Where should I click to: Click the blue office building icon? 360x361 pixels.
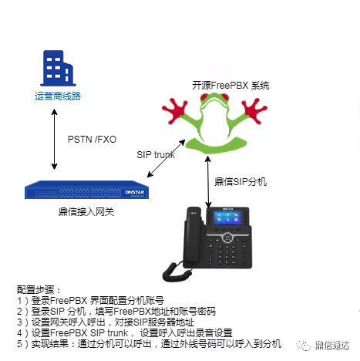point(58,68)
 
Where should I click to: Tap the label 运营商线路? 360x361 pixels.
point(58,96)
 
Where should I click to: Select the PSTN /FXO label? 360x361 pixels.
point(92,140)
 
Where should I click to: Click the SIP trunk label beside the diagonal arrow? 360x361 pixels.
point(156,155)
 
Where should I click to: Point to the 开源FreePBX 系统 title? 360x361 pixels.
point(230,86)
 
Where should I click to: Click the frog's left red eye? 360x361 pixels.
point(205,97)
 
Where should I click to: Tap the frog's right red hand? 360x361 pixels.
point(254,110)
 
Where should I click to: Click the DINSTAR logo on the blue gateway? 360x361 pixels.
point(135,192)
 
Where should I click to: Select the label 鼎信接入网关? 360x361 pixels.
point(86,212)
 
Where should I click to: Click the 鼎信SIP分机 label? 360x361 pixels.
point(241,182)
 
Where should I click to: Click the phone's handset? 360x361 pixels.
point(193,237)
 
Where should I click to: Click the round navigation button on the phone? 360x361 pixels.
point(227,238)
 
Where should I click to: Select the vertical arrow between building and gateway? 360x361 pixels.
point(54,139)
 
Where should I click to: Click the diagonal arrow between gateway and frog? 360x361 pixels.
point(166,158)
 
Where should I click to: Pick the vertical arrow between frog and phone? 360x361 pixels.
point(208,181)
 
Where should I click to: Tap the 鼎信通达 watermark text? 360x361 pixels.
point(332,346)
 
